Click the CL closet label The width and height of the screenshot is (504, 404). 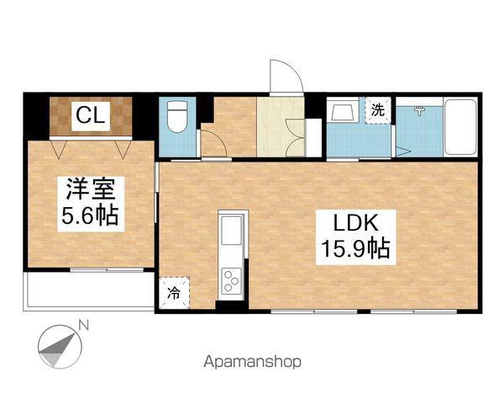[x=91, y=116]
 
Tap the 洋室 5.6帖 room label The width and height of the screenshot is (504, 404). [x=91, y=204]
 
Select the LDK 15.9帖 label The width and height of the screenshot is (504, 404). [x=355, y=237]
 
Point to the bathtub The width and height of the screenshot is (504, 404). [x=460, y=128]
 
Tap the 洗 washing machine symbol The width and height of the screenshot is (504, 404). [x=378, y=110]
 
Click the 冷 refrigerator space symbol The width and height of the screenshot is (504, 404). [x=174, y=293]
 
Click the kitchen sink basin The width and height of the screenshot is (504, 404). [x=231, y=231]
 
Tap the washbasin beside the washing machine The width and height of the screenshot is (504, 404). [x=343, y=109]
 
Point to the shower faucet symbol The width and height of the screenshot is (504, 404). [x=419, y=111]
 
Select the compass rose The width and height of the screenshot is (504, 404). [x=60, y=347]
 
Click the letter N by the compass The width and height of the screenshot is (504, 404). [x=84, y=326]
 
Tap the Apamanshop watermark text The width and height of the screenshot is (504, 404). [x=253, y=362]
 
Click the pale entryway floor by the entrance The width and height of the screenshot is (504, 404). [x=281, y=127]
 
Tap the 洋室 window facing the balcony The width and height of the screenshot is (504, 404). [x=107, y=269]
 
